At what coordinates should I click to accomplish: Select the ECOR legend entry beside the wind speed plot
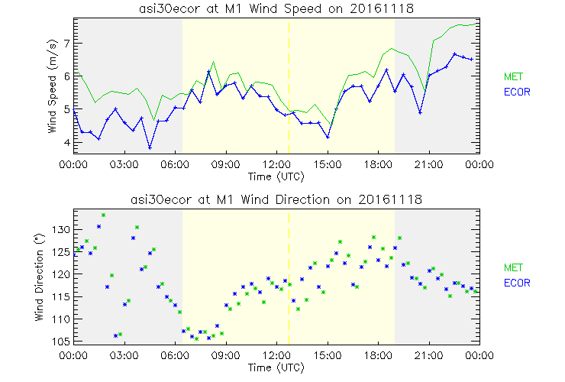click(x=517, y=92)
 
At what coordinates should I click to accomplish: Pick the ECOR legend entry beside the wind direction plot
click(x=517, y=283)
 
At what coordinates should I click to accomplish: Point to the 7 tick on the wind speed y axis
click(x=67, y=44)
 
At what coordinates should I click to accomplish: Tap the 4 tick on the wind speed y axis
click(x=67, y=143)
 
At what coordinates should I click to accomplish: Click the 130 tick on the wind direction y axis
click(x=62, y=230)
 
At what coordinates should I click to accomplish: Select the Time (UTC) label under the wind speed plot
click(x=276, y=176)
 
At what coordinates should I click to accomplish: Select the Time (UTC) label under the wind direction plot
click(x=276, y=367)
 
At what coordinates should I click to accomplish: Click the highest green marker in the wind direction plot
click(x=103, y=215)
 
